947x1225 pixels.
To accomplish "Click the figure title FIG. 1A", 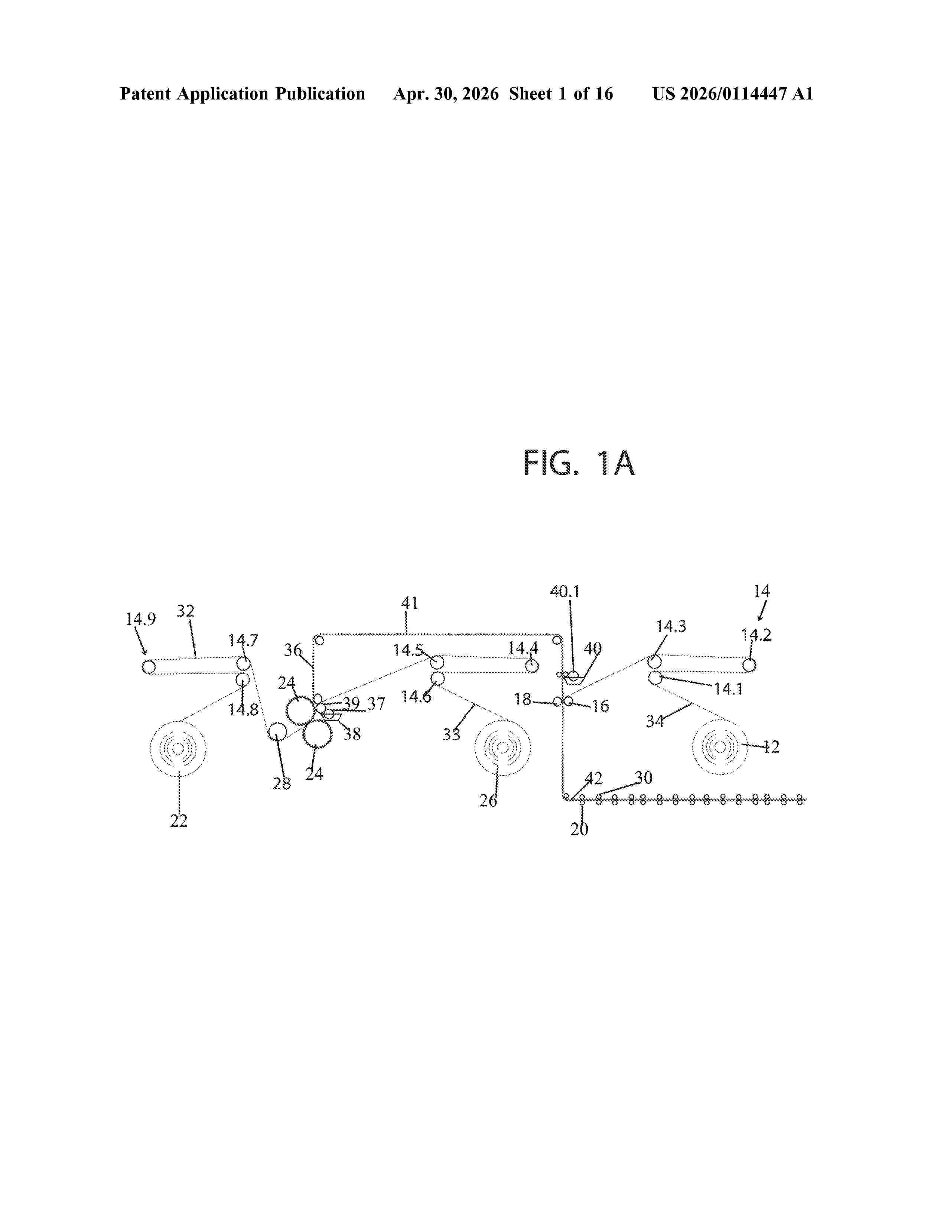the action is click(579, 463).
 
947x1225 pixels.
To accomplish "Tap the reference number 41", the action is click(410, 603).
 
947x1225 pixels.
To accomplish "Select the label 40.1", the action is click(565, 591).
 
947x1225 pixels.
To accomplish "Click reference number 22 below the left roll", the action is click(178, 821).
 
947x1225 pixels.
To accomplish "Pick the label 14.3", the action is click(671, 626).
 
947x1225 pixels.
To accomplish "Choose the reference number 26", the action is click(488, 801).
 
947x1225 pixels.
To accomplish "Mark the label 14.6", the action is click(416, 697).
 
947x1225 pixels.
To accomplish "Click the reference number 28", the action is click(282, 784).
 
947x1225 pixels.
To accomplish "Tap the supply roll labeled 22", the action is click(178, 749).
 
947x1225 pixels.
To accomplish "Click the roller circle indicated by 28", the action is click(277, 732).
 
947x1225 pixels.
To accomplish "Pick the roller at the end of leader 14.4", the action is click(531, 666).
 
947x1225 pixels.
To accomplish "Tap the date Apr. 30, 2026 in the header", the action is click(445, 94).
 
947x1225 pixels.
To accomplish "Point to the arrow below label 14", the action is click(761, 610).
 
